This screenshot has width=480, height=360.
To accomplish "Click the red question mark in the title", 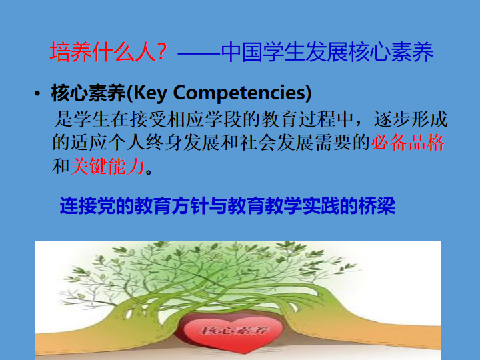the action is coord(161,51).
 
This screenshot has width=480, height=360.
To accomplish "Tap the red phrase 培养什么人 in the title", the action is coord(103,52).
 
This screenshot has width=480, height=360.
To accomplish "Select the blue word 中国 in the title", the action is coord(241,52).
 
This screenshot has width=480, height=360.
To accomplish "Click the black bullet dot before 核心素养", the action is coord(37,94).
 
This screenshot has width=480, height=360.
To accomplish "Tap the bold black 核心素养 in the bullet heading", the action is coord(88,93).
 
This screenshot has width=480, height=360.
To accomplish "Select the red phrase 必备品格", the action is coord(408,143).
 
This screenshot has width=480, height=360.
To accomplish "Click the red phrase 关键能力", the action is coord(107,166).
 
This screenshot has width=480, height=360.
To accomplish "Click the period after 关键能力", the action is coord(149,171).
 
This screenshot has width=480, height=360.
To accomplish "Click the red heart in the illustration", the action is coord(234,332).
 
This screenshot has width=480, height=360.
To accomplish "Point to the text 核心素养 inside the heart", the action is coord(235,330).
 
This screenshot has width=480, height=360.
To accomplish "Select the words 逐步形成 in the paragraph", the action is coord(411,119).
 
